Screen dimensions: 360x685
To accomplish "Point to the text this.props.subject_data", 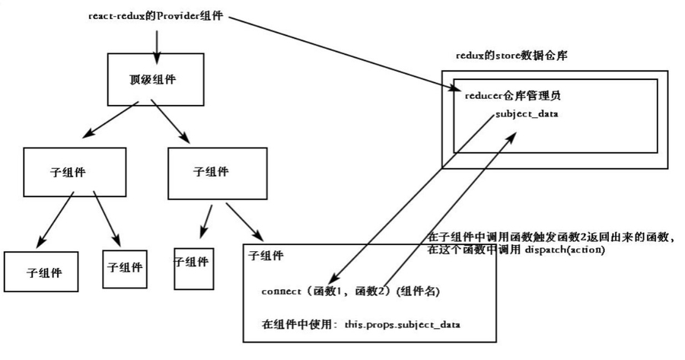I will pyautogui.click(x=403, y=324).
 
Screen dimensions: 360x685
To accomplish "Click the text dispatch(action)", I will pyautogui.click(x=564, y=250).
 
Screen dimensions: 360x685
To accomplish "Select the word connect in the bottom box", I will pyautogui.click(x=282, y=292).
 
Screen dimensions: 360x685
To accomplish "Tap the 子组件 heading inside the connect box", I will pyautogui.click(x=266, y=256).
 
